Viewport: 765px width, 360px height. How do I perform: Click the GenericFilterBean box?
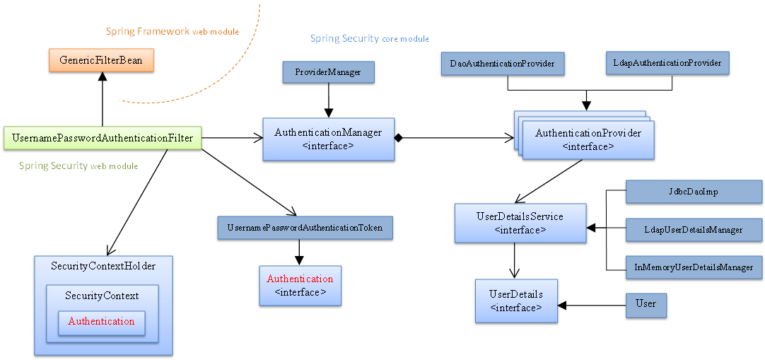pos(102,60)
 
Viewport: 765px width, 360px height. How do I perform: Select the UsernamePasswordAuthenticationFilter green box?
pos(103,138)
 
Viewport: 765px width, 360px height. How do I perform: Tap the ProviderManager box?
pos(328,72)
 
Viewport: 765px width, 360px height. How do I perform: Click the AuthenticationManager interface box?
pos(328,139)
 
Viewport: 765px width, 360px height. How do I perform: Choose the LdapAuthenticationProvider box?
pos(667,63)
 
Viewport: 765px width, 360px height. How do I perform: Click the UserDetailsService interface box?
pos(520,223)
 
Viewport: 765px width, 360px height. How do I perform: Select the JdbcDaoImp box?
pos(694,192)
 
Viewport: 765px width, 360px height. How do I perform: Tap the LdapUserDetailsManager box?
pos(694,230)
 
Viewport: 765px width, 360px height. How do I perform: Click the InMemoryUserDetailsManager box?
pos(694,267)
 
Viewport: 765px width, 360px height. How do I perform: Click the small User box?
pos(646,304)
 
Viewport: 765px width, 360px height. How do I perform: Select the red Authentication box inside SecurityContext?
pos(101,322)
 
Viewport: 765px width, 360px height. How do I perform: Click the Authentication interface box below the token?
pos(300,285)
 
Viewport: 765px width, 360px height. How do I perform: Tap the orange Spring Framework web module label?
pos(172,32)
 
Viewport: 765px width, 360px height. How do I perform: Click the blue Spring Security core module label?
pos(369,38)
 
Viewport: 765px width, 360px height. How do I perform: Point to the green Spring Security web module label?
pos(78,166)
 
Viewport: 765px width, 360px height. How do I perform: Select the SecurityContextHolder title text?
pos(103,266)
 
